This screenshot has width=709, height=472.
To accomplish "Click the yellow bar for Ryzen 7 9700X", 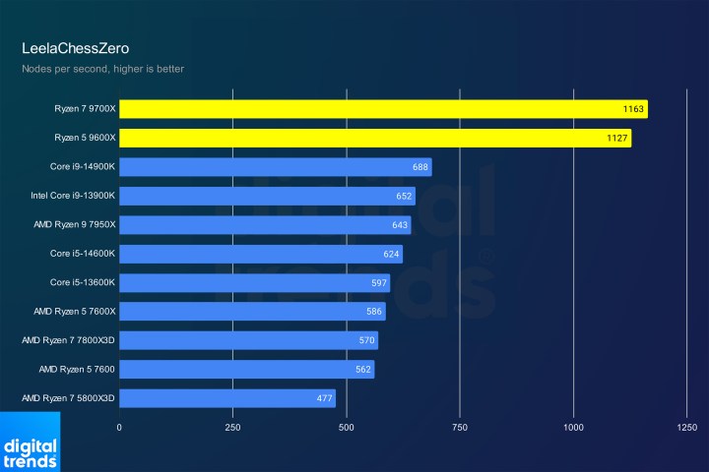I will pyautogui.click(x=383, y=109).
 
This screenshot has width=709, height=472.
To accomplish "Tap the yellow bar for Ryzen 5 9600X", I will pyautogui.click(x=375, y=139).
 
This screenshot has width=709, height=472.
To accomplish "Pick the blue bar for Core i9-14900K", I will pyautogui.click(x=276, y=167).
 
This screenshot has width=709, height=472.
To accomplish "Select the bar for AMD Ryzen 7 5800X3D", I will pyautogui.click(x=227, y=398).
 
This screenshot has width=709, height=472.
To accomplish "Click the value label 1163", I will pyautogui.click(x=633, y=109).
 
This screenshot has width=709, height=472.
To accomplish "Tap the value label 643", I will pyautogui.click(x=399, y=225).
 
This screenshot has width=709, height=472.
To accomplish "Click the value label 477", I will pyautogui.click(x=324, y=398).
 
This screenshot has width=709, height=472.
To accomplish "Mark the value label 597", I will pyautogui.click(x=378, y=283).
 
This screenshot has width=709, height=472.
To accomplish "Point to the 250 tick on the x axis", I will pyautogui.click(x=232, y=428).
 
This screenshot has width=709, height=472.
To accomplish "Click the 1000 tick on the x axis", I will pyautogui.click(x=573, y=428).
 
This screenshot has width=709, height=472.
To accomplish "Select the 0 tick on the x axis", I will pyautogui.click(x=119, y=428).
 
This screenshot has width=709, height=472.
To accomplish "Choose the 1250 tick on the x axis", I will pyautogui.click(x=687, y=428).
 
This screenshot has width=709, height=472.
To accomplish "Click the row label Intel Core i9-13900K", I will pyautogui.click(x=74, y=196).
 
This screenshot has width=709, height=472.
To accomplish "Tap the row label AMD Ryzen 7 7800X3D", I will pyautogui.click(x=69, y=340).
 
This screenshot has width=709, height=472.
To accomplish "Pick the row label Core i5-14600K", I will pyautogui.click(x=83, y=254).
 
